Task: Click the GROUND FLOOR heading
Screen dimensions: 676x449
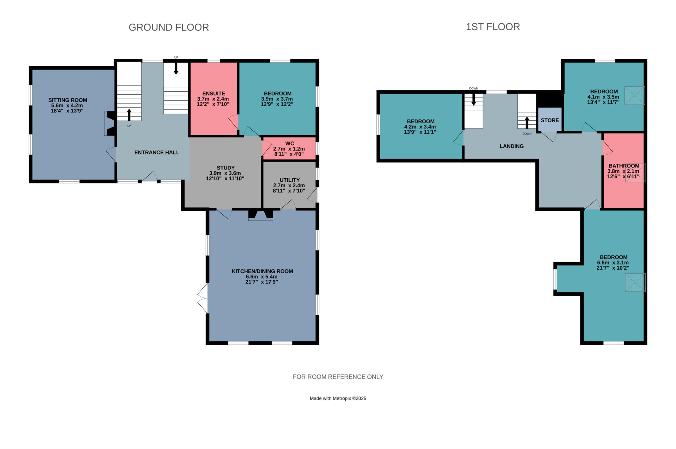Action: coord(169,27)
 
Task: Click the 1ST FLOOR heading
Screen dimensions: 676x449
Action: coord(493,27)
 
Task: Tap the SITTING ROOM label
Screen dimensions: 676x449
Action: coord(68,100)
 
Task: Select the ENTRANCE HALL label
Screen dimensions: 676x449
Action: coord(157,152)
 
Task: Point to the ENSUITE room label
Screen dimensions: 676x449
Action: coord(214,94)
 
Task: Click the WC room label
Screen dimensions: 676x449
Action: coord(289,143)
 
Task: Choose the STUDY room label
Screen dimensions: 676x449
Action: coord(226,168)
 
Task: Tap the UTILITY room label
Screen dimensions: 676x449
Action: coord(289,180)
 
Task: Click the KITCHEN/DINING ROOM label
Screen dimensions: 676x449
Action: coord(262,271)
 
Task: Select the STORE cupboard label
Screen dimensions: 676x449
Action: coord(550,120)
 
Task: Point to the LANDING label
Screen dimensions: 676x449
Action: coord(512,146)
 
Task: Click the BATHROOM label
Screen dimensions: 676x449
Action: coord(624,166)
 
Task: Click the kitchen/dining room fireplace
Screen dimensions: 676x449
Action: coord(261,215)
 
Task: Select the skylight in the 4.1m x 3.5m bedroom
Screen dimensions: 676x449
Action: coord(634,96)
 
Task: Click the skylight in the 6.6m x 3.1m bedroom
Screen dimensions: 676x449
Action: coord(635,283)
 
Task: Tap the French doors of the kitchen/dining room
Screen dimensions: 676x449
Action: coord(203,298)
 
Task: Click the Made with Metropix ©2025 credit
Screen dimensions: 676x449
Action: coord(338,398)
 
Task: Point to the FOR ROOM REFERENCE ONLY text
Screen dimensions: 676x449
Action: coord(338,377)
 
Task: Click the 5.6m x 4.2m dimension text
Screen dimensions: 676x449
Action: coord(67,105)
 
